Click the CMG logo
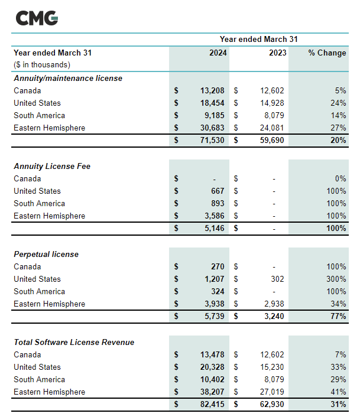coord(37,18)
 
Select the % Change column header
coord(327,53)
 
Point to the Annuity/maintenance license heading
coord(68,78)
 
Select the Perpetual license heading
coord(46,254)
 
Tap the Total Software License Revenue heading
coord(74,342)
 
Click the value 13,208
coord(213,90)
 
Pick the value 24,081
coord(273,128)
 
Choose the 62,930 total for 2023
coord(273,405)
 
